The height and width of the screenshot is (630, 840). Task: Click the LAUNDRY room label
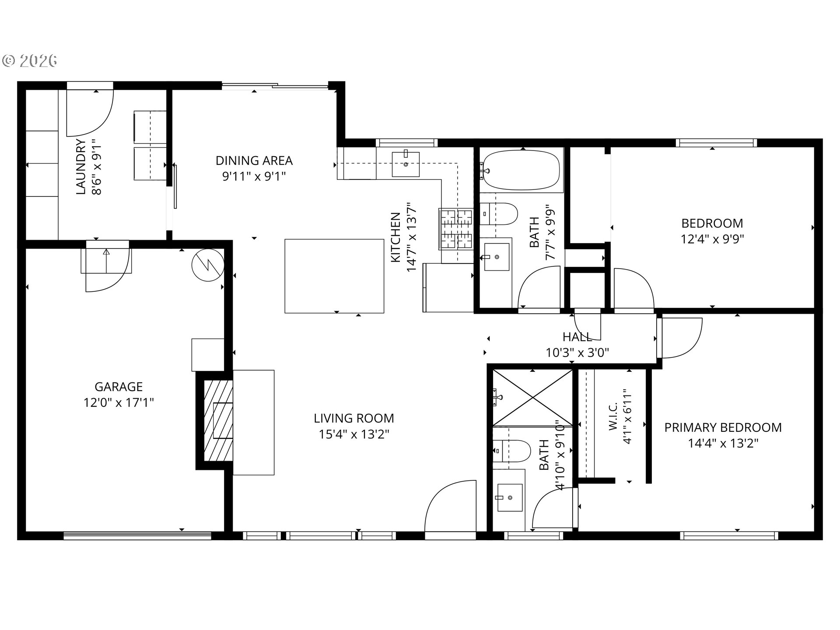(81, 167)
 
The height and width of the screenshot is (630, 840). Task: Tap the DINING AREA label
(254, 161)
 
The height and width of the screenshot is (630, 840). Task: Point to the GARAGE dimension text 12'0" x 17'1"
(119, 402)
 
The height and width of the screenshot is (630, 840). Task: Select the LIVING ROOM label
(354, 418)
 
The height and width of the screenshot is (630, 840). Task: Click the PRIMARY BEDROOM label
(723, 427)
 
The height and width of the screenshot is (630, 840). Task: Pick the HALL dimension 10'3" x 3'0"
(577, 352)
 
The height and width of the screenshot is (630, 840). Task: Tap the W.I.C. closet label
(613, 417)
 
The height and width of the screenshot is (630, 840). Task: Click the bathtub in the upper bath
(521, 170)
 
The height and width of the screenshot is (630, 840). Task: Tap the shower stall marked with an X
(532, 397)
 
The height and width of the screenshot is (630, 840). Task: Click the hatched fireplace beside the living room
(218, 420)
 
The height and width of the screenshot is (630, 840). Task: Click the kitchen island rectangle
(334, 276)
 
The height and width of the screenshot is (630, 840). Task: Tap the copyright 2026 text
(30, 61)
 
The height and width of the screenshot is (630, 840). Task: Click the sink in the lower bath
(509, 497)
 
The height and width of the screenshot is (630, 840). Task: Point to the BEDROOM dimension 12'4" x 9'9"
(712, 239)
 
